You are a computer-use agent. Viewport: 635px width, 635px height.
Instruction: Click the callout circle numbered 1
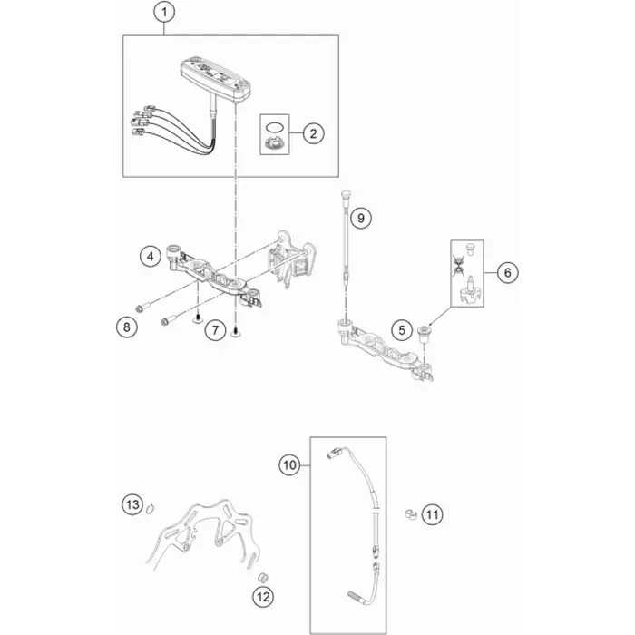[164, 13]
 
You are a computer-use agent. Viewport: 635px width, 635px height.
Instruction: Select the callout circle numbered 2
[314, 133]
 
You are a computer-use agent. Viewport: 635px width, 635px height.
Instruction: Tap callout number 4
[151, 256]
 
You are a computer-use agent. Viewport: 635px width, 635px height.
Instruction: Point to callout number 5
[402, 330]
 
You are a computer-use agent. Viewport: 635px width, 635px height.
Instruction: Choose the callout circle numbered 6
[507, 272]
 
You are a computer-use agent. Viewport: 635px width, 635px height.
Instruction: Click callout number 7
[215, 330]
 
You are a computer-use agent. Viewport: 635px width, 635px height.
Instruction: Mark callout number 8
[127, 327]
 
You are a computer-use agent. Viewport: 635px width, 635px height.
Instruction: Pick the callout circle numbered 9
[360, 218]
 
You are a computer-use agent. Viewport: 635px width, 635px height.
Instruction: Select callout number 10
[290, 464]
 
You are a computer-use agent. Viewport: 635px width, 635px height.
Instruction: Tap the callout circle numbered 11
[432, 514]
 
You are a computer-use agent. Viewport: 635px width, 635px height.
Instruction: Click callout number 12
[263, 597]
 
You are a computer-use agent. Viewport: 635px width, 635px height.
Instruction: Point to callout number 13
[132, 504]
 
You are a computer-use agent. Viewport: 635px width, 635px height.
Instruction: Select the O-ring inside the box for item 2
[274, 128]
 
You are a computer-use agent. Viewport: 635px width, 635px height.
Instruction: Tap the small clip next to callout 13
[151, 508]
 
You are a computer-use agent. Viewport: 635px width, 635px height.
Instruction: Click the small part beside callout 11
[411, 514]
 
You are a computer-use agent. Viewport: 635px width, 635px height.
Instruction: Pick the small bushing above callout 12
[263, 577]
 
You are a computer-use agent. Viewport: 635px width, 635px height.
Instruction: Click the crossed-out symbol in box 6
[458, 265]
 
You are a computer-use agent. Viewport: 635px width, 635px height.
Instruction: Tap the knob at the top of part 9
[346, 194]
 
